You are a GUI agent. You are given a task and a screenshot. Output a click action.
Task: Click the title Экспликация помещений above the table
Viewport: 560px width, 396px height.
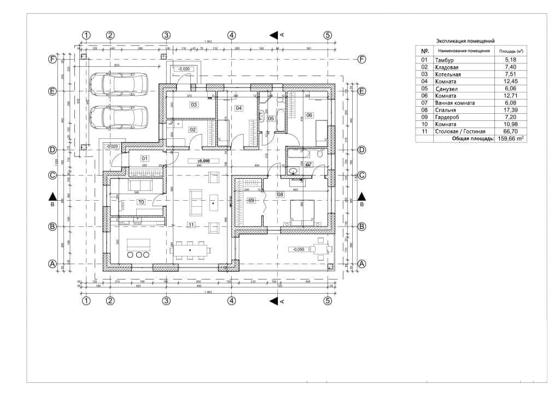point(465,41)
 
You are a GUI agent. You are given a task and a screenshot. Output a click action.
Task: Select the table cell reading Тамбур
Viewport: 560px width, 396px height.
point(444,60)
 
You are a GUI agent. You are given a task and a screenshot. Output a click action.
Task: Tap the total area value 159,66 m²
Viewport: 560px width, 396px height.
point(510,139)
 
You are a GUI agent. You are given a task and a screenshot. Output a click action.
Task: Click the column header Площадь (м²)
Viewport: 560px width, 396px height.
point(510,50)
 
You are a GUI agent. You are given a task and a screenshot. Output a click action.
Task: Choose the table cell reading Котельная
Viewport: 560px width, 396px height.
point(448,74)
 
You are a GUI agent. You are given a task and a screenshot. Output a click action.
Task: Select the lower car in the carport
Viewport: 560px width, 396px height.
point(119,116)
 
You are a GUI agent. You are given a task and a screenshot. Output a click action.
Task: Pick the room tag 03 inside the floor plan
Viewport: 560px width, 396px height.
point(194,104)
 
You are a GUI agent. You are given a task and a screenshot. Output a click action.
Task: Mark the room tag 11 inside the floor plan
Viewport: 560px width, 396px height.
point(191,225)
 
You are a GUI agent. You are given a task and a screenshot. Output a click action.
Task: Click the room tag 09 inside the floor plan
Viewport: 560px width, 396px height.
point(252,200)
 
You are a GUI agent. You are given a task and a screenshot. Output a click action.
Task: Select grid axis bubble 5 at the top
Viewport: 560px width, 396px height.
point(328,35)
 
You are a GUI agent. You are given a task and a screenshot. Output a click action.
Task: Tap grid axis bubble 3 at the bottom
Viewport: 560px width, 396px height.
point(167,300)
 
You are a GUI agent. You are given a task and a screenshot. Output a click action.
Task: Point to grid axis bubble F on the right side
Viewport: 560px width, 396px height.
point(361,60)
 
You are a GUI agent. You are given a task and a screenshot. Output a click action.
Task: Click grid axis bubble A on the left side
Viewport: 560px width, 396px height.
point(53,264)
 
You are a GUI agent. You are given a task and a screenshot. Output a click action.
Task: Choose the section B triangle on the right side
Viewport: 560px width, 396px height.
point(361,196)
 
